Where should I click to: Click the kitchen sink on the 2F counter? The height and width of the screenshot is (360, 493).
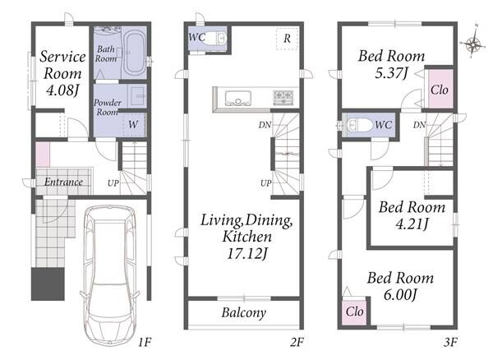pyautogui.click(x=237, y=98)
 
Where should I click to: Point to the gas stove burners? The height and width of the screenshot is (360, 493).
pyautogui.click(x=283, y=97)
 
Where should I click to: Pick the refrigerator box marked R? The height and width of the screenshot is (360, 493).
pyautogui.click(x=287, y=39)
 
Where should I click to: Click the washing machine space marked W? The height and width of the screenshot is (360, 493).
pyautogui.click(x=134, y=125)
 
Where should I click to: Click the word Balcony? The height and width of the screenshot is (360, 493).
pyautogui.click(x=244, y=312)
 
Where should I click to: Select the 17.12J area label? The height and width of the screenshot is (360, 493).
pyautogui.click(x=247, y=254)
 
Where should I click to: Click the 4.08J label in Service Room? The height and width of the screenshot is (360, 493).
pyautogui.click(x=62, y=91)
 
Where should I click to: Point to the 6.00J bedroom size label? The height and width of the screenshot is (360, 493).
pyautogui.click(x=400, y=295)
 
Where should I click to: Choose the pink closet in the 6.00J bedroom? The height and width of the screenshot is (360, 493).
pyautogui.click(x=354, y=312)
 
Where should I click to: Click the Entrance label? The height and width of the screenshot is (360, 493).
pyautogui.click(x=63, y=182)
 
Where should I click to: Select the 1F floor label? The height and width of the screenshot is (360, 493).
pyautogui.click(x=145, y=342)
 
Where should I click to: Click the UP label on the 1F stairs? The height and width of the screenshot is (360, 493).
pyautogui.click(x=113, y=183)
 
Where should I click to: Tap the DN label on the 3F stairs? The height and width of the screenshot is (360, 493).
pyautogui.click(x=419, y=125)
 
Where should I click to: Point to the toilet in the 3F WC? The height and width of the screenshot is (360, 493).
pyautogui.click(x=359, y=125)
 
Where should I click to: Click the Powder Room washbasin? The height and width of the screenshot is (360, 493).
pyautogui.click(x=137, y=96)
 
